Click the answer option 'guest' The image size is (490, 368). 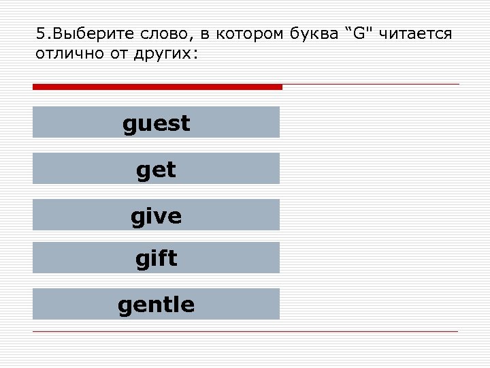pos(156,123)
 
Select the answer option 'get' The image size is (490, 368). pos(156,168)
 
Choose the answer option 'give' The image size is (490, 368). pos(156,215)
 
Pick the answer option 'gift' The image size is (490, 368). pos(156,258)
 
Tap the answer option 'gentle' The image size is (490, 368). pos(156,304)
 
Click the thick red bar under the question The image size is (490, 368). pos(157,87)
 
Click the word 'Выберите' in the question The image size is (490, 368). pos(81,34)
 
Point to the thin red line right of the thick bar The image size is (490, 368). pos(371,85)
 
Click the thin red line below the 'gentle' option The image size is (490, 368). pos(245,331)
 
